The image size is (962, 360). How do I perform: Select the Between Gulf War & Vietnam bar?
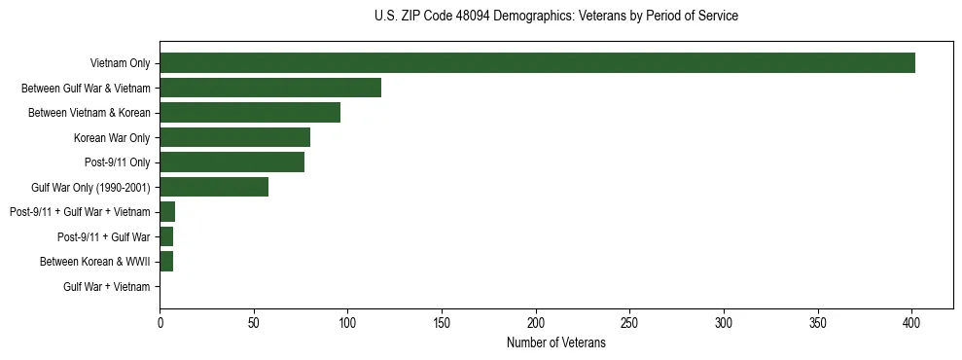(x=270, y=88)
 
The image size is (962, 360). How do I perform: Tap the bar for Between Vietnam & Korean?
(x=250, y=113)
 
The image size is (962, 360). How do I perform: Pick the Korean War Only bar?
(x=234, y=137)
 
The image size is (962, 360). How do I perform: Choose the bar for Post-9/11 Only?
(x=232, y=162)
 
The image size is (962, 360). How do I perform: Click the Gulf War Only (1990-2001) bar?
(x=214, y=187)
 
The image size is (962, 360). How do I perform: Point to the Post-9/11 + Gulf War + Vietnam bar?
(x=167, y=212)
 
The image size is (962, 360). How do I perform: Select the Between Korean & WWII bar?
(x=166, y=262)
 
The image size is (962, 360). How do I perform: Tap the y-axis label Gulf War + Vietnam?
(x=106, y=287)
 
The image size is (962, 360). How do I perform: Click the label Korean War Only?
(x=112, y=138)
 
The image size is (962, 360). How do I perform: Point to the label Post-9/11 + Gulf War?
(x=103, y=237)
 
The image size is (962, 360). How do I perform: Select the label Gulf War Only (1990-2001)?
(x=90, y=188)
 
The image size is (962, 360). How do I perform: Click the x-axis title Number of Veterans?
(x=555, y=343)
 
